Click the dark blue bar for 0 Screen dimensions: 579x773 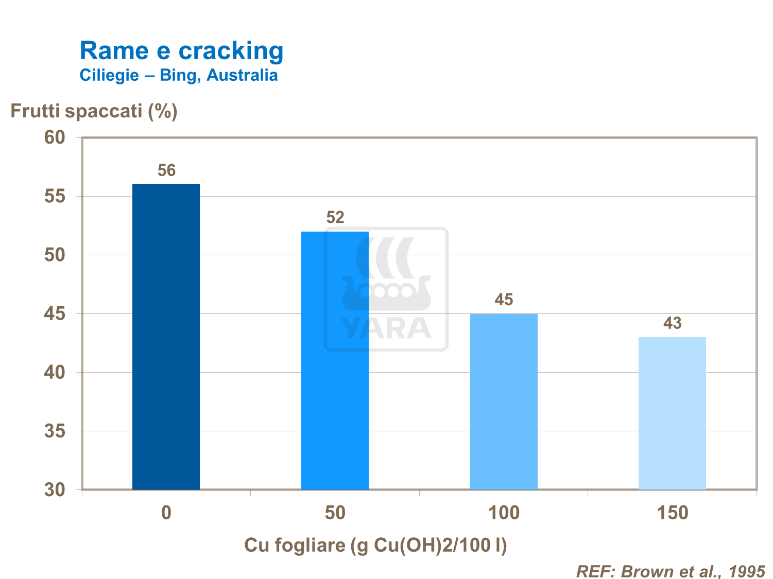[x=166, y=337]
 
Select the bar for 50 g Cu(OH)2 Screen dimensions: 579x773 [x=335, y=360]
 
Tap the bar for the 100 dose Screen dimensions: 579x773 [x=504, y=401]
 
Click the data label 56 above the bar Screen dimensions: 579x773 [x=166, y=170]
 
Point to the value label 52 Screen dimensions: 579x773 [x=335, y=217]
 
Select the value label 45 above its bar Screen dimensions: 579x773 [x=504, y=300]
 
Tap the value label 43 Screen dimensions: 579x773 [x=673, y=323]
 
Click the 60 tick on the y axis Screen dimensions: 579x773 [x=55, y=137]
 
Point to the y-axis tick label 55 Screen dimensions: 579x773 [x=55, y=196]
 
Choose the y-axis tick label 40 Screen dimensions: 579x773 [x=55, y=372]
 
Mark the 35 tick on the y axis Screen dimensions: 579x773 [x=55, y=431]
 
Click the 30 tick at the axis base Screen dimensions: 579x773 [x=55, y=489]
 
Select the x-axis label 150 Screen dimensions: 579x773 [x=673, y=513]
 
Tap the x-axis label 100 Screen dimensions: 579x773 [x=504, y=513]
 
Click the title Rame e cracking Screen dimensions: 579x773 [x=181, y=50]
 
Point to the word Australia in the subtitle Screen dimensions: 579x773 [x=242, y=75]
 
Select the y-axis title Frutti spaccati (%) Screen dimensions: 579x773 [x=94, y=111]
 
